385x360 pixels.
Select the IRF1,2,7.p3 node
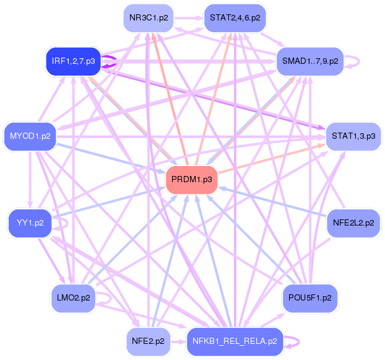tap(73, 61)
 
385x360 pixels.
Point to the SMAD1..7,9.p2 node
tap(309, 61)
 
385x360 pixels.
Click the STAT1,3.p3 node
tap(352, 134)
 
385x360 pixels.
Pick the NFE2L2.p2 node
tap(353, 221)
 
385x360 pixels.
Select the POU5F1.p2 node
tap(309, 297)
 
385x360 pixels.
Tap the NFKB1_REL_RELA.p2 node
tap(235, 341)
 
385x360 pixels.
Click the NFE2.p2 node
tap(148, 341)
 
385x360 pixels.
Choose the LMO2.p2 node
tap(73, 297)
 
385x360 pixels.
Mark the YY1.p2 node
tap(30, 222)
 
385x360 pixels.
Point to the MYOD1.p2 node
tap(30, 134)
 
